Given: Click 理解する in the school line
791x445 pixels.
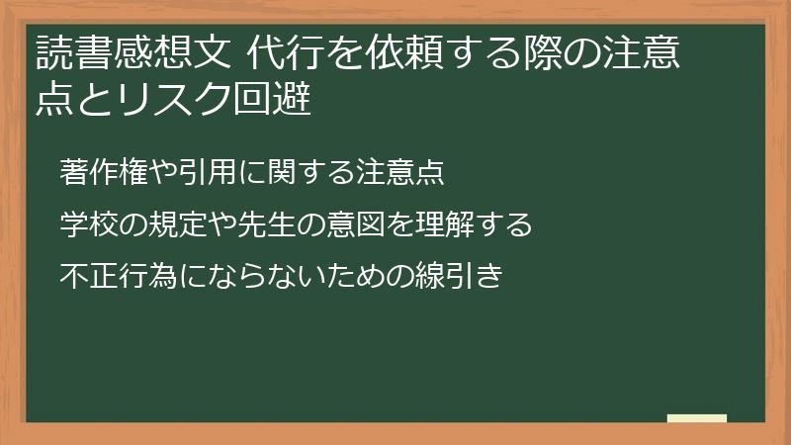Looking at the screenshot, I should coord(469,224).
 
